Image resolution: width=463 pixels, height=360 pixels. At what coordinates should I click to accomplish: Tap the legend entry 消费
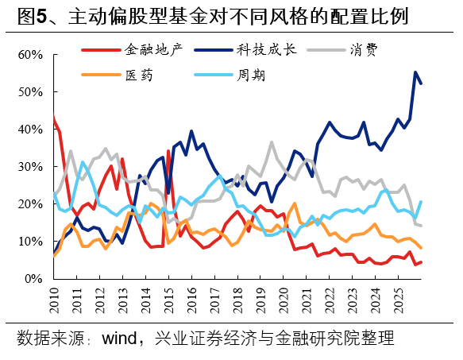[x=363, y=50]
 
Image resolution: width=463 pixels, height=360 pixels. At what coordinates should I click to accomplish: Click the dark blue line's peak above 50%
[x=415, y=72]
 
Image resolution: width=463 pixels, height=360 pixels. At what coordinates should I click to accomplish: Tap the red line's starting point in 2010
[x=53, y=117]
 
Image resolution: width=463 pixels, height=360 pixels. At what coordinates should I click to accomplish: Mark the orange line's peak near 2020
[x=295, y=203]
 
